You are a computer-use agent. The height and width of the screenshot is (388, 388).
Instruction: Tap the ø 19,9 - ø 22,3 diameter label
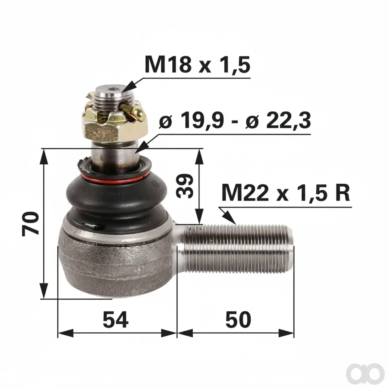pos(235,121)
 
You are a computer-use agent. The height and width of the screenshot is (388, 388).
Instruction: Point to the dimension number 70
pos(30,223)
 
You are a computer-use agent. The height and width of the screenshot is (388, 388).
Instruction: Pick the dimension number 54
pos(115,320)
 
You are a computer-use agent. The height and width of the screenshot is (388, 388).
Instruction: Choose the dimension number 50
pos(238,320)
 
